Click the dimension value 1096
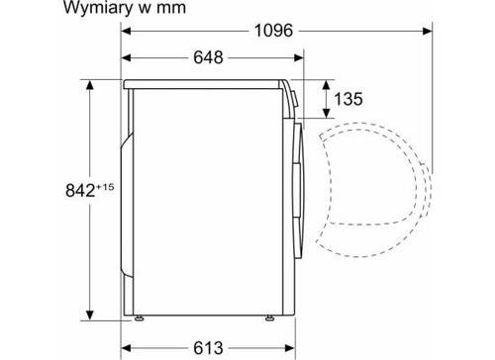coord(273,31)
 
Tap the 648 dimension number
coord(208,57)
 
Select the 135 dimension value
coord(348,99)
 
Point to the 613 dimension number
coord(208,348)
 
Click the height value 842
coord(80,190)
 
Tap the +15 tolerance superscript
coord(105,187)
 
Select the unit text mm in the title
coord(171,8)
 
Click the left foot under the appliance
coord(140,318)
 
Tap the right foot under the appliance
coord(269,318)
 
